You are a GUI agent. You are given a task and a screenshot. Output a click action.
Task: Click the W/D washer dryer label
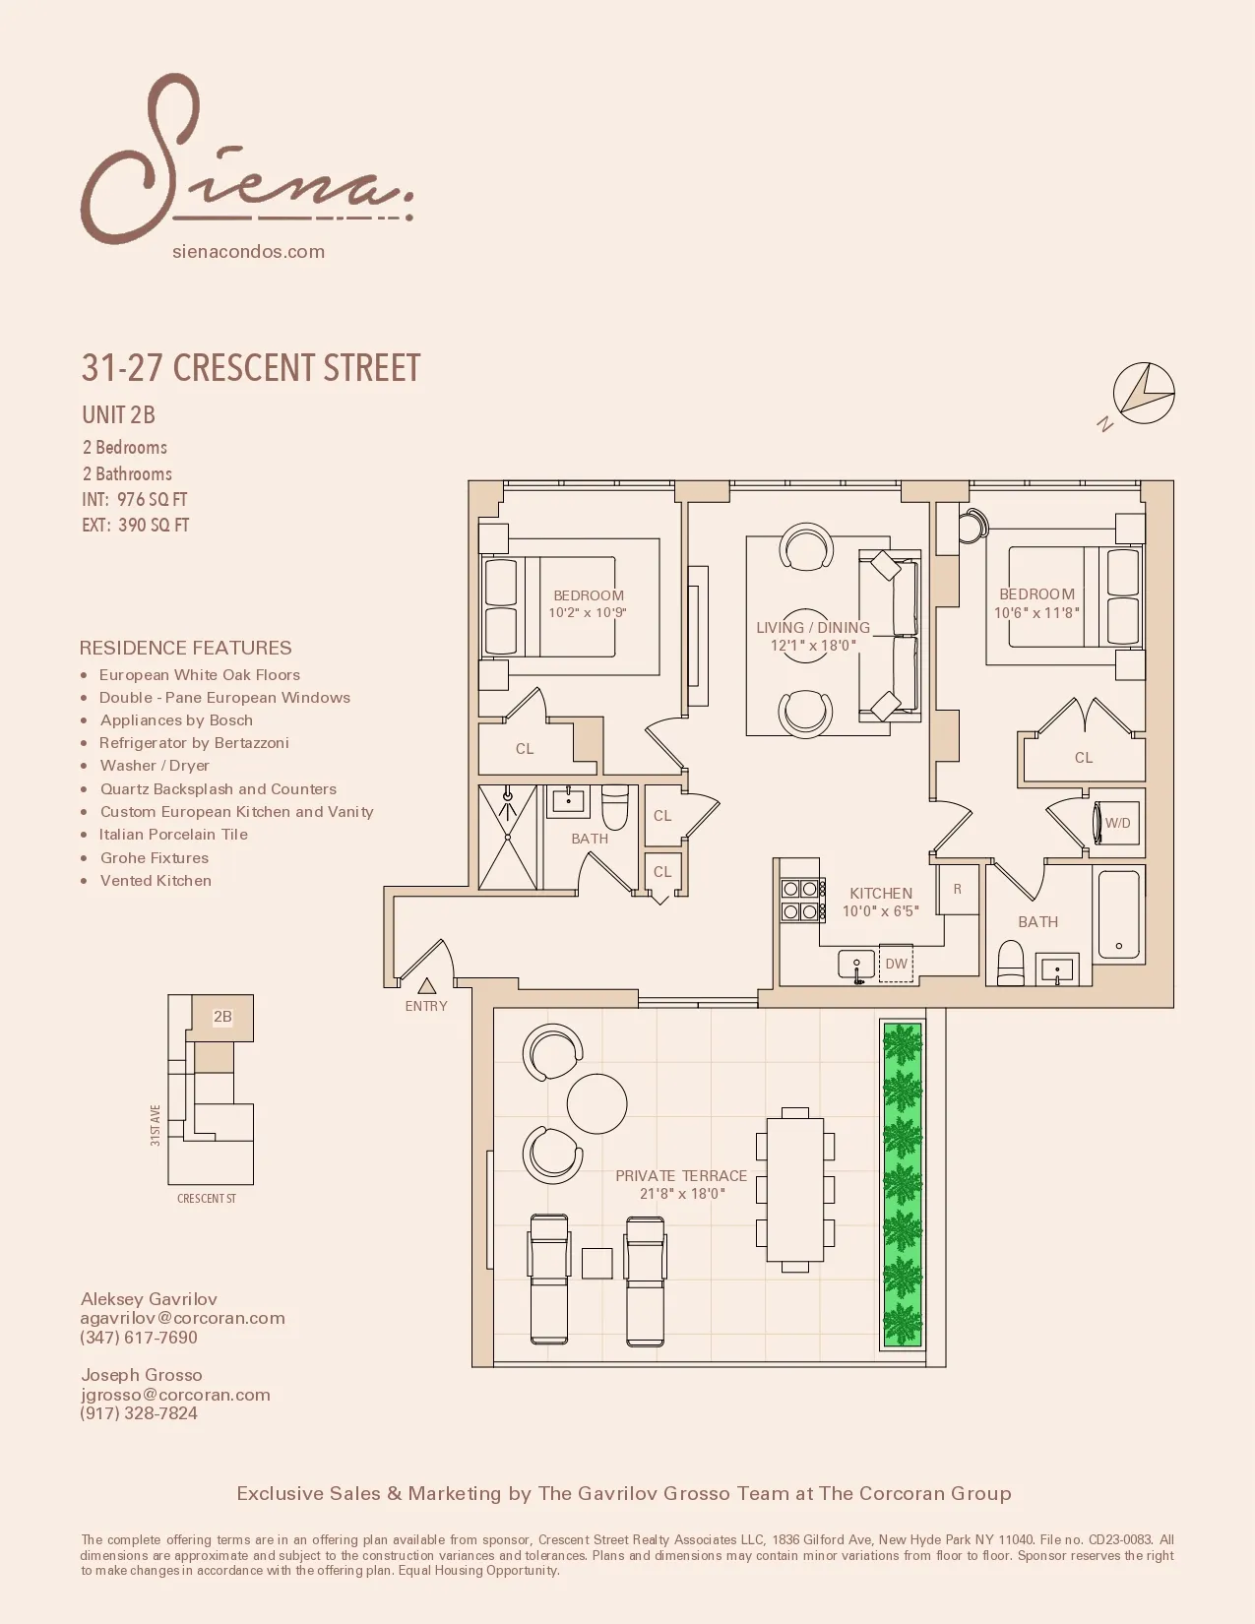[1117, 823]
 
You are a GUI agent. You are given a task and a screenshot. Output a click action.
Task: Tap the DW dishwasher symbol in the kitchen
[896, 964]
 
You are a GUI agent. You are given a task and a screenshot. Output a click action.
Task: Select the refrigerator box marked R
[957, 889]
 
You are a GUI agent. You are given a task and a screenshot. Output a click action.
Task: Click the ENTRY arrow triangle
[426, 985]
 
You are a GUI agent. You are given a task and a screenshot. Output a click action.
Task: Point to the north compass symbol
[1143, 394]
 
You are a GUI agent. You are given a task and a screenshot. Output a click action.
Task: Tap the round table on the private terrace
[597, 1103]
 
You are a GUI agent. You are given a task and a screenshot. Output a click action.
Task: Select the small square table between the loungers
[596, 1263]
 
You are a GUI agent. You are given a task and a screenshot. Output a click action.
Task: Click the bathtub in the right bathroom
[1118, 914]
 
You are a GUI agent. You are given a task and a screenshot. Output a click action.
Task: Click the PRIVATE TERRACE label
[681, 1176]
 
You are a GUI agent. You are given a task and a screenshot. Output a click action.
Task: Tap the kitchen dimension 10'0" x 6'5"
[880, 911]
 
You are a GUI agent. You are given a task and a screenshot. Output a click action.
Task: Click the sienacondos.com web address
[248, 251]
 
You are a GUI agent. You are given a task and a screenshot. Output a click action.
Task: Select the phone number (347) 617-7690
[139, 1338]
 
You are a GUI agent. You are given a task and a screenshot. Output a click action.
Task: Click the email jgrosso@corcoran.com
[175, 1395]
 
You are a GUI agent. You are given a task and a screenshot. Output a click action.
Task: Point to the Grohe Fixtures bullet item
[155, 858]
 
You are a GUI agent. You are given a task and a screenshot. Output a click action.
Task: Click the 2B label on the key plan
[222, 1017]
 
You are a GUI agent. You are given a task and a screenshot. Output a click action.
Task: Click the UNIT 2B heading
[118, 415]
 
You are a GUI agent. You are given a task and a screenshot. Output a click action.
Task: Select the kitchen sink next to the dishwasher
[856, 965]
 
